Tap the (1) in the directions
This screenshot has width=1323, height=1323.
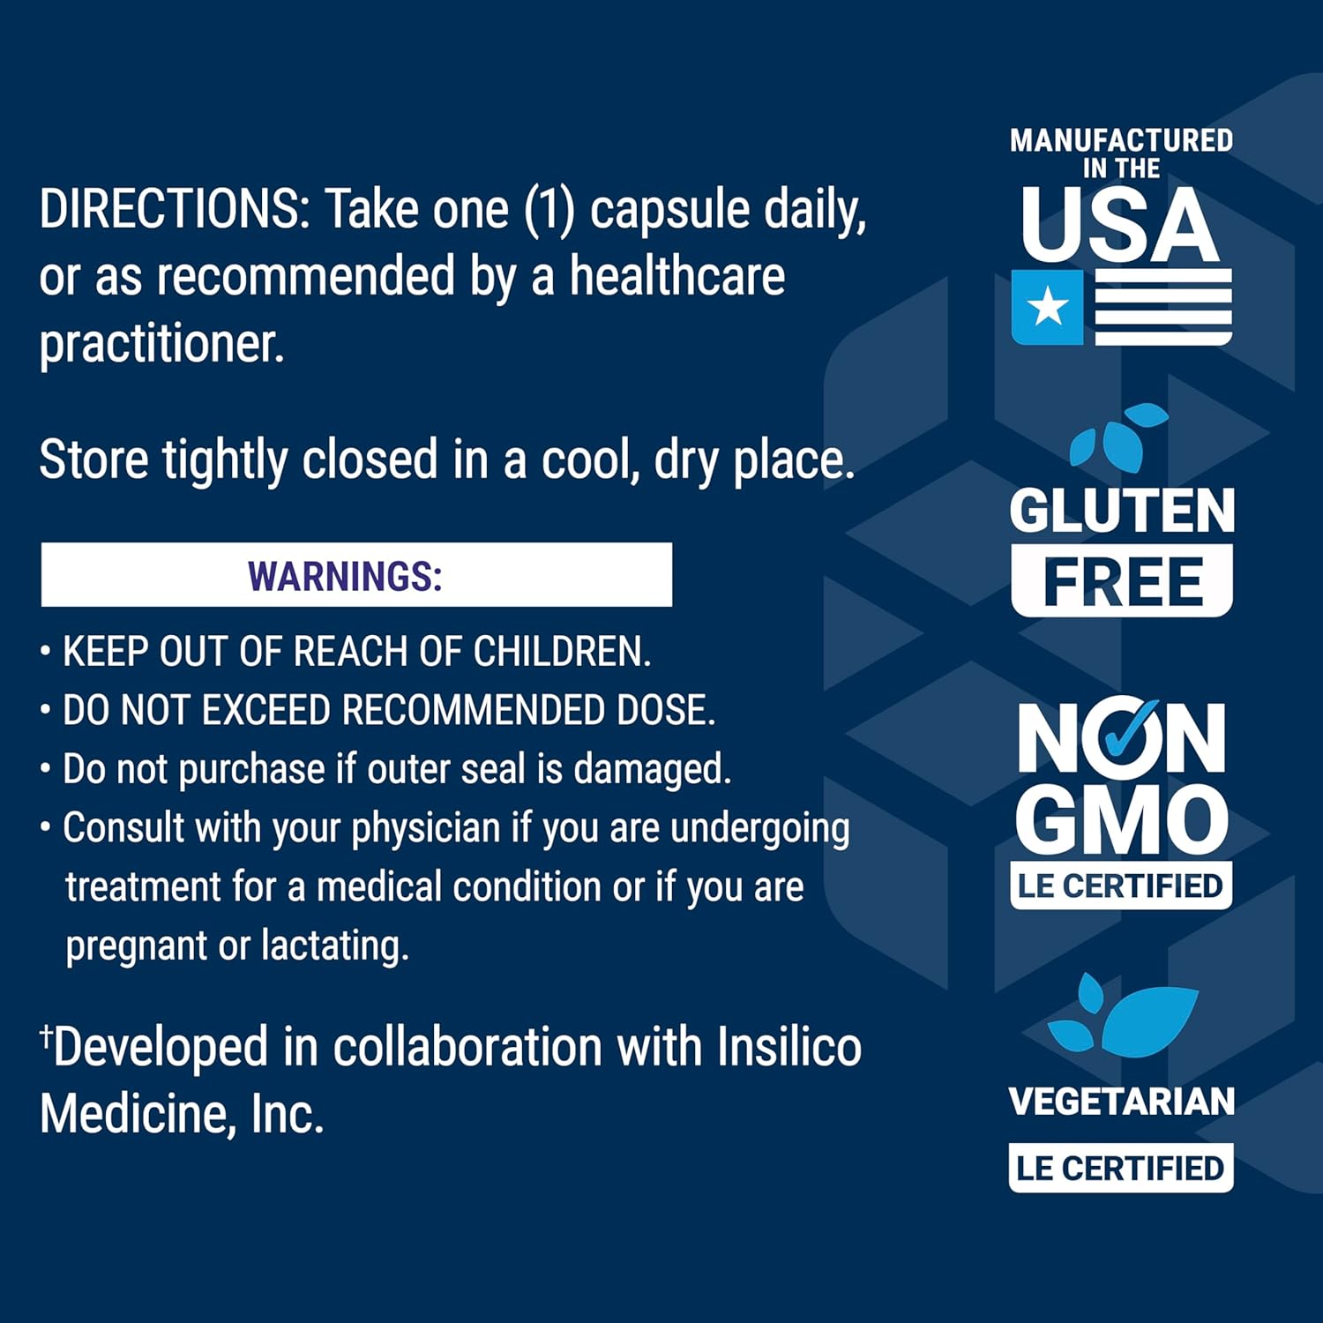pyautogui.click(x=549, y=210)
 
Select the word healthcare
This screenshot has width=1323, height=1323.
pyautogui.click(x=676, y=276)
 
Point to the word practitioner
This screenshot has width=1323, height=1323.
pyautogui.click(x=161, y=344)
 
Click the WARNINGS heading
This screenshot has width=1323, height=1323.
pyautogui.click(x=345, y=576)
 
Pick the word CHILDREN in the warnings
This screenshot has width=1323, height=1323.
pyautogui.click(x=562, y=652)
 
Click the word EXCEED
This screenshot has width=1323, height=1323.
pyautogui.click(x=265, y=710)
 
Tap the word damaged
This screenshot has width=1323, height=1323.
pyautogui.click(x=652, y=769)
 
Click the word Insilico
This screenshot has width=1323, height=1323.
pyautogui.click(x=789, y=1048)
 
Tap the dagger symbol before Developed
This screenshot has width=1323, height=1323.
pyautogui.click(x=46, y=1036)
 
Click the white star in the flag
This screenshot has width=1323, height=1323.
pyautogui.click(x=1048, y=307)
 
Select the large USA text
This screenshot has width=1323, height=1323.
pyautogui.click(x=1120, y=225)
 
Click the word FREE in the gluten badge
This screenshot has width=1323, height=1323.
pyautogui.click(x=1122, y=581)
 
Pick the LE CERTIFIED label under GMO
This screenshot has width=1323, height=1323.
pyautogui.click(x=1120, y=886)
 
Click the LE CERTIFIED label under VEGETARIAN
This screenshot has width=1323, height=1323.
pyautogui.click(x=1120, y=1168)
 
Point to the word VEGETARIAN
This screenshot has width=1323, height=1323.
pyautogui.click(x=1121, y=1102)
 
